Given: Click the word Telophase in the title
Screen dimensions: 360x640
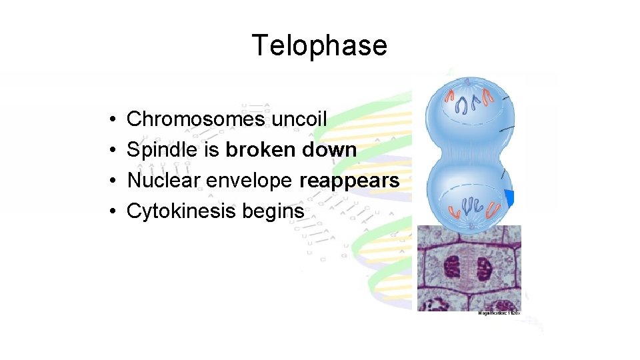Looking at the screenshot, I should pyautogui.click(x=319, y=45).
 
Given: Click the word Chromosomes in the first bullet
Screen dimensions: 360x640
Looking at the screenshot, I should pyautogui.click(x=195, y=119).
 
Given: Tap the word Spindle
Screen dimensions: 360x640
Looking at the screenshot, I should pyautogui.click(x=163, y=150).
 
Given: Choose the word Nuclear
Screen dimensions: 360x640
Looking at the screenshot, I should pyautogui.click(x=164, y=181).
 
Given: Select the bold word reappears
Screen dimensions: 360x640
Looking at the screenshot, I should pyautogui.click(x=349, y=181).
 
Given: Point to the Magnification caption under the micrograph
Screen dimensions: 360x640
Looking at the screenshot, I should pyautogui.click(x=499, y=313).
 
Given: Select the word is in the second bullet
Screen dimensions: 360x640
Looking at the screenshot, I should pyautogui.click(x=211, y=150).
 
